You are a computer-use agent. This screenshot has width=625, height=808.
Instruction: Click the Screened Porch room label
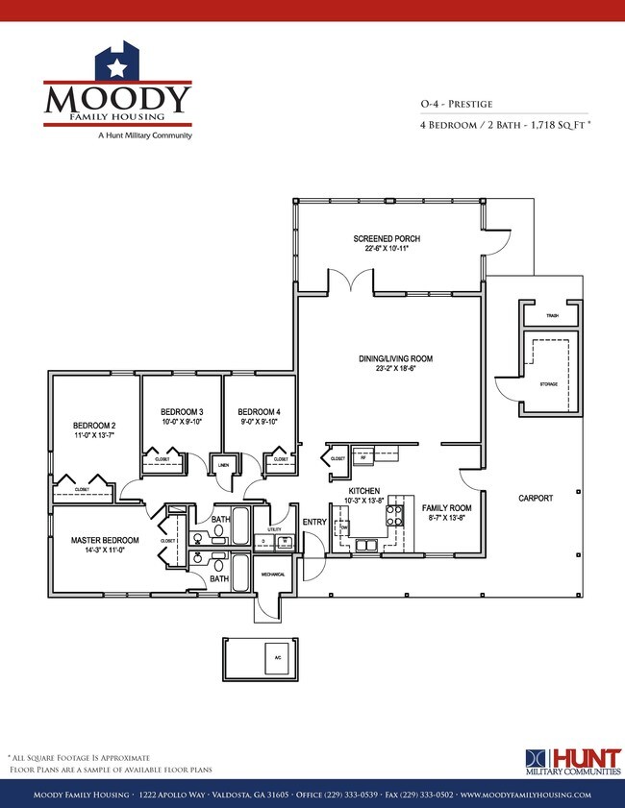pyautogui.click(x=387, y=238)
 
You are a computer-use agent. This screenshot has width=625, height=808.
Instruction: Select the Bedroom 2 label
pyautogui.click(x=94, y=426)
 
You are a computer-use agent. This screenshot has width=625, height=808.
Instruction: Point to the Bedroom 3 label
pyautogui.click(x=181, y=411)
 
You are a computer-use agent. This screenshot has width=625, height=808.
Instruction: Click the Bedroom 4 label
pyautogui.click(x=259, y=411)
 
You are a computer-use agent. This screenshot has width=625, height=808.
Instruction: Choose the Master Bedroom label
pyautogui.click(x=105, y=540)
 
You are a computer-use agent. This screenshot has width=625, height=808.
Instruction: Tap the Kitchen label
pyautogui.click(x=364, y=491)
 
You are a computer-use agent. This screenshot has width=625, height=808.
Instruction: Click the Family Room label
pyautogui.click(x=446, y=507)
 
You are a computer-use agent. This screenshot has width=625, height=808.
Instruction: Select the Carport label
pyautogui.click(x=536, y=498)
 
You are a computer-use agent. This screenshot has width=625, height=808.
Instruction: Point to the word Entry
pyautogui.click(x=314, y=522)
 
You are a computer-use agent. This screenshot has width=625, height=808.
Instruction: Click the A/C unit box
pyautogui.click(x=278, y=657)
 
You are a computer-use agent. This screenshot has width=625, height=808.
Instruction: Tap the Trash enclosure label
pyautogui.click(x=552, y=315)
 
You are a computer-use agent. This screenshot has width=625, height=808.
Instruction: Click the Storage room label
pyautogui.click(x=549, y=383)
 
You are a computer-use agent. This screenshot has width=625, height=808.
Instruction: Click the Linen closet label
pyautogui.click(x=223, y=465)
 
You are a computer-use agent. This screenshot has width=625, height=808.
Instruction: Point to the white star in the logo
pyautogui.click(x=117, y=67)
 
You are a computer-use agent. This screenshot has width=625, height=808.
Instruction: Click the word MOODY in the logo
pyautogui.click(x=117, y=98)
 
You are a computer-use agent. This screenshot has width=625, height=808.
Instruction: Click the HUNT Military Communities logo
pyautogui.click(x=572, y=761)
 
